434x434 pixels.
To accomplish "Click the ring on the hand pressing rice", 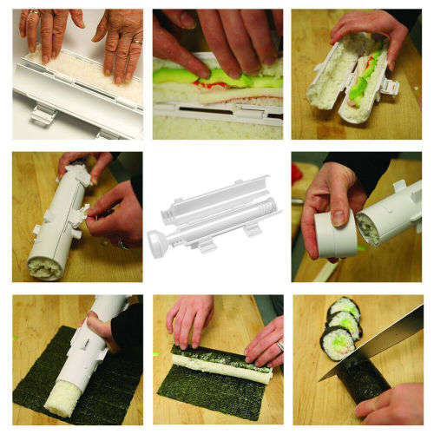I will coord(137,40).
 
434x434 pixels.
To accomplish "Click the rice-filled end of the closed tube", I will coord(43,264).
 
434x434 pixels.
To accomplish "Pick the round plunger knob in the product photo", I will coord(158,240).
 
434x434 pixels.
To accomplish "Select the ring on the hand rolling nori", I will coord(279,346).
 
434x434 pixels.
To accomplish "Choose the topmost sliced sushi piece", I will coord(345,307).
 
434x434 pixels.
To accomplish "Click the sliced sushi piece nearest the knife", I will coord(338,343).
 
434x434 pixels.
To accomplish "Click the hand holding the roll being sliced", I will coord(391,404).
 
